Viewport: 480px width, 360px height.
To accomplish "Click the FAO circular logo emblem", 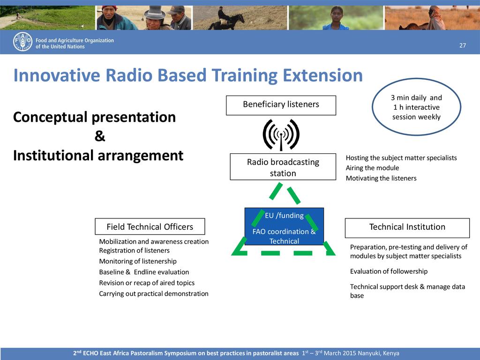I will point(22,42).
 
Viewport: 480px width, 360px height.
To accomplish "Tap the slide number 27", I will point(463,45).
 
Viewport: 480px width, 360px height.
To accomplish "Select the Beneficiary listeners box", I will point(281,105).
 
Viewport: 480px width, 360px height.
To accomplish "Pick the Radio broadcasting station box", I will point(283,167).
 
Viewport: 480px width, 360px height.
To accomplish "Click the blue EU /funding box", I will point(284,226).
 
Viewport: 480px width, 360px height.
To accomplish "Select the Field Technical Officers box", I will point(150,227).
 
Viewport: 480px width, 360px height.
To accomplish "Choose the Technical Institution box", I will point(407,227).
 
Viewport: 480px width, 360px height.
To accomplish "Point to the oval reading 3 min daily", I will point(416,107).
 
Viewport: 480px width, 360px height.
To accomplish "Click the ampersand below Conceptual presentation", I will point(99,136).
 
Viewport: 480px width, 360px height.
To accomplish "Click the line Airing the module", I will point(372,168).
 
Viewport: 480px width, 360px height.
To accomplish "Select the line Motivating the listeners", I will point(381,178).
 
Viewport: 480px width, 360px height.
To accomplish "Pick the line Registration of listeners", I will point(134,250).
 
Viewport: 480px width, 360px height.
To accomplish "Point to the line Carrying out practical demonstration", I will point(153,293).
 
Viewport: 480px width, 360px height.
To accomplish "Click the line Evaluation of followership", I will point(389,271).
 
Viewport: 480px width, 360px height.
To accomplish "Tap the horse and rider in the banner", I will point(226,19).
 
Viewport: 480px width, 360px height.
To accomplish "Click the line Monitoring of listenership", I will point(137,261).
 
